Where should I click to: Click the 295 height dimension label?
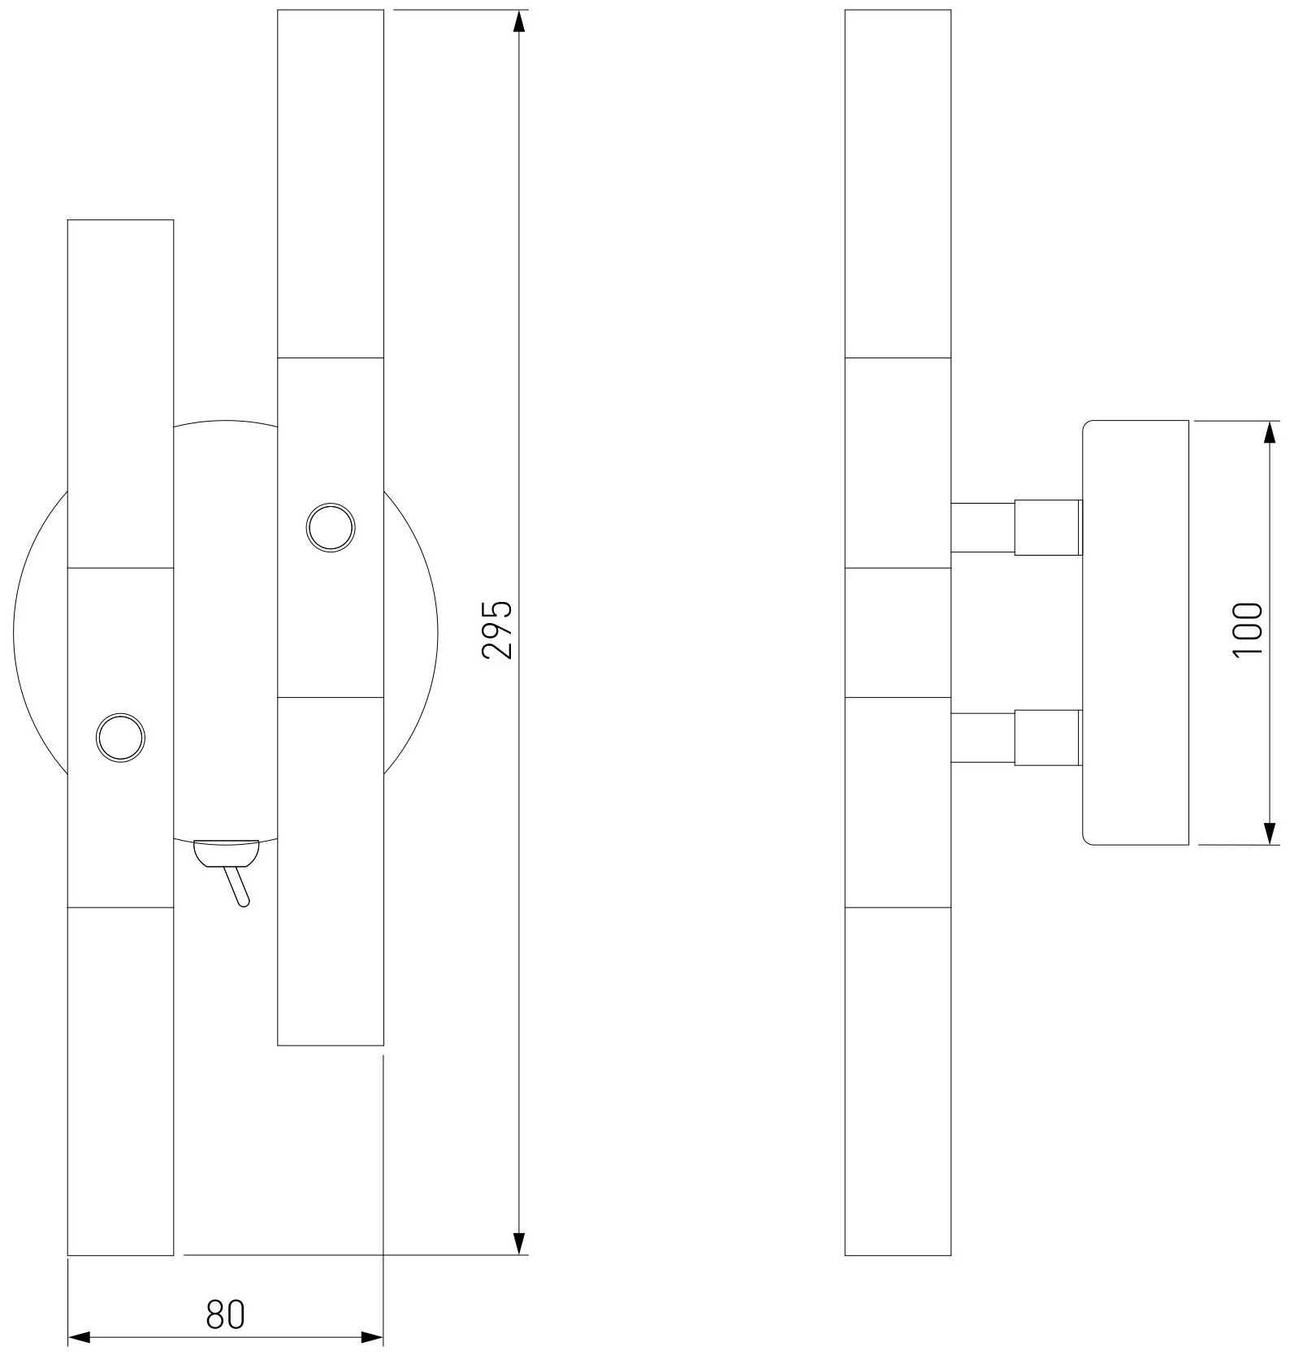(497, 629)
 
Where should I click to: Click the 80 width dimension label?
(225, 1314)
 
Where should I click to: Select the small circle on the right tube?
(331, 528)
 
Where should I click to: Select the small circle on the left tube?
(120, 738)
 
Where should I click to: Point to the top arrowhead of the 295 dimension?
(520, 21)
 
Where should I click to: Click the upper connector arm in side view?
(1015, 527)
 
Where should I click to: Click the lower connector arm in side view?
(1015, 737)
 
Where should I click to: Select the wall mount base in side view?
(1136, 632)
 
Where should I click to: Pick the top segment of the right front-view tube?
(331, 184)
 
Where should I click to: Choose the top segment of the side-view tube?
(898, 184)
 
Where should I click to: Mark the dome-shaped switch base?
(226, 852)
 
